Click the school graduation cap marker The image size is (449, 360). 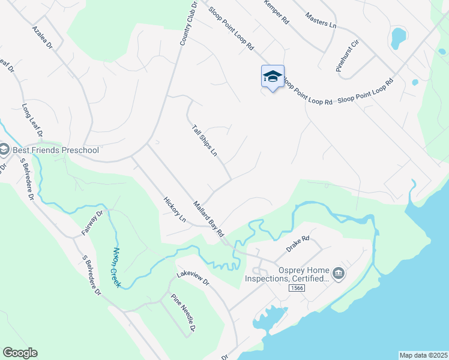click(273, 77)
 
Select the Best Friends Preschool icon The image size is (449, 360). click(4, 149)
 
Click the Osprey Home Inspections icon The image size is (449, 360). click(339, 274)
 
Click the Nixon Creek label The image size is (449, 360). click(116, 267)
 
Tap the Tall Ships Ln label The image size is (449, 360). click(204, 140)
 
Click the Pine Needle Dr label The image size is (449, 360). click(184, 312)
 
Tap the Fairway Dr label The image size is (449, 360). click(92, 222)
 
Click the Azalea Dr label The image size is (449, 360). click(43, 37)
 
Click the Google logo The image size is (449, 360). click(20, 353)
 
